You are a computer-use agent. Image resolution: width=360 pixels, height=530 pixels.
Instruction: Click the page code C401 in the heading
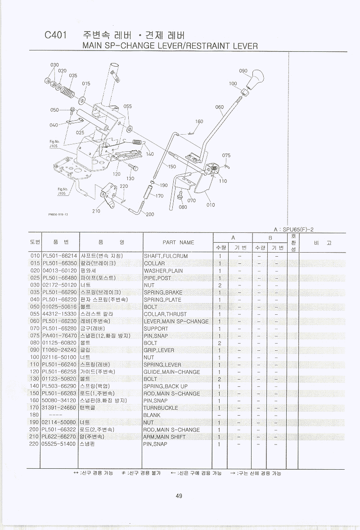56,36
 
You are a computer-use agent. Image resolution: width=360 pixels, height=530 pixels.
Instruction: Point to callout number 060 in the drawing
219,107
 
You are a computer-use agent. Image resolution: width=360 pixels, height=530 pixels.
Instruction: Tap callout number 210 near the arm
96,211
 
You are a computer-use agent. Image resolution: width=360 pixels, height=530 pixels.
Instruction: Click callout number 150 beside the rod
172,167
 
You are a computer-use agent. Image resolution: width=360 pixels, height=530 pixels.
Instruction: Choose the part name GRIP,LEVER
159,350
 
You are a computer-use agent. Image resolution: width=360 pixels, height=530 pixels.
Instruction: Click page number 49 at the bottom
179,496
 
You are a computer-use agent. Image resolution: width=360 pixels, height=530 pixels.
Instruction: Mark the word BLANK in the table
152,415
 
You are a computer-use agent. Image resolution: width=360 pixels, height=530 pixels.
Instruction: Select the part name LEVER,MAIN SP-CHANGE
176,322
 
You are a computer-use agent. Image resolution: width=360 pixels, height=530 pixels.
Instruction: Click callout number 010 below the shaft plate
211,205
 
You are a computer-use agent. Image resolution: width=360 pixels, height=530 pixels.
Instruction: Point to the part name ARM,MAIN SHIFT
164,437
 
